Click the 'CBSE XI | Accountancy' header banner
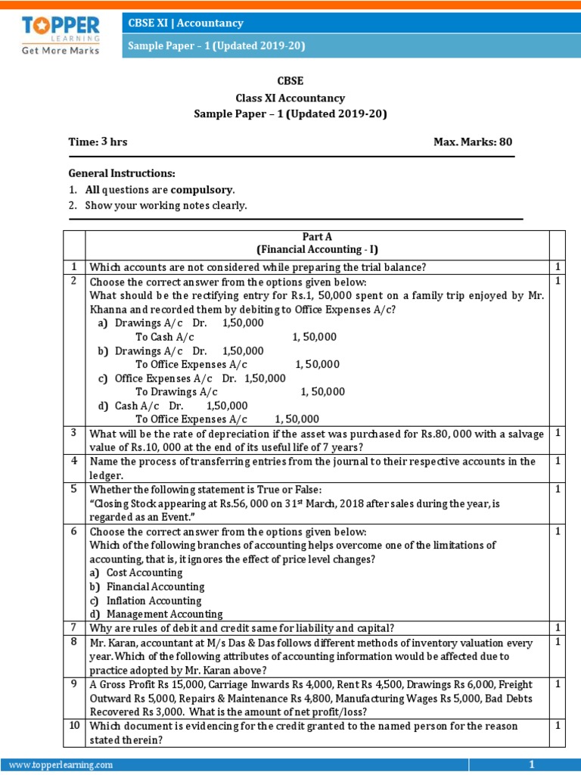185,23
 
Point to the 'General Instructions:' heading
122,173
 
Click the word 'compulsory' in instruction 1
202,189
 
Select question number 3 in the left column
74,433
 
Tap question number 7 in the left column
74,628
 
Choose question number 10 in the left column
74,726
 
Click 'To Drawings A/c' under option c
176,391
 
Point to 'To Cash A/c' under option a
164,337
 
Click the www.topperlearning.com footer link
61,765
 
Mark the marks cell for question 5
557,489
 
